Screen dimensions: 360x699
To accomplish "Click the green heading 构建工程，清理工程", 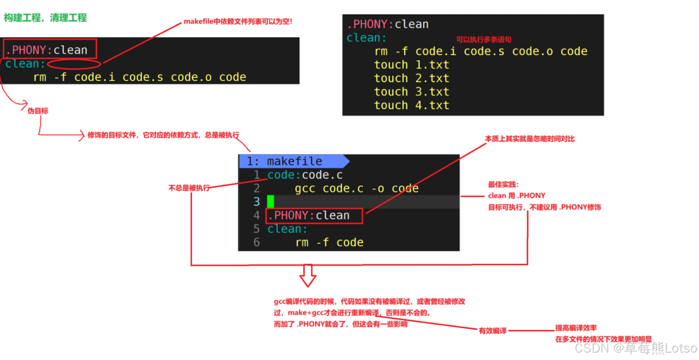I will coord(45,18).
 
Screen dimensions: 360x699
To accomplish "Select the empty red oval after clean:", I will coord(74,64).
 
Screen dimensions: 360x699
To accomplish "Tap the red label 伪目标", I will coord(38,111).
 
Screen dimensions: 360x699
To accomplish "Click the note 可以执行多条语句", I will coord(484,40).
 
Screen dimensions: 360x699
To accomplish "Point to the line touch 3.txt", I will coord(411,92).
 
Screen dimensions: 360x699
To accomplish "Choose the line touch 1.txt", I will coord(411,65).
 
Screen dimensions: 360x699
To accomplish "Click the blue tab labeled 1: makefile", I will coord(294,161).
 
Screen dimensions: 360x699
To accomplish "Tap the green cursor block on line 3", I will coord(270,202).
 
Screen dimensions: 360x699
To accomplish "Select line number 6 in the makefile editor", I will coord(256,242).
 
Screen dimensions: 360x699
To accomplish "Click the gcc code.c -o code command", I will coord(356,188).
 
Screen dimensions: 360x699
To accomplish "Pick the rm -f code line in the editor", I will coord(329,242).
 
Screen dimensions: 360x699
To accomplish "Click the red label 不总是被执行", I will coord(189,188).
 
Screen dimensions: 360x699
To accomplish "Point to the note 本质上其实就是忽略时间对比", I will coord(530,139).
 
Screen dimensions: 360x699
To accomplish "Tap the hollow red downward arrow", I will coord(308,276).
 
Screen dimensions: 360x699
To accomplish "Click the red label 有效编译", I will coord(492,331).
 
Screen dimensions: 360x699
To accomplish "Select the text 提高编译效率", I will coord(576,328).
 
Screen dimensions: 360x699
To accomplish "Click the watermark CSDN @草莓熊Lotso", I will coord(636,348).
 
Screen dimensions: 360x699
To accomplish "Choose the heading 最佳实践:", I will coord(500,185).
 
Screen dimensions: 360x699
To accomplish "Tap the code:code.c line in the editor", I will coord(305,175).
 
